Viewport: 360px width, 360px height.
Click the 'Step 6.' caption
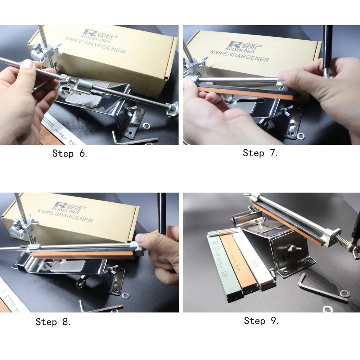pos(70,153)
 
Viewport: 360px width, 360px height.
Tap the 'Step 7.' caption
pos(260,153)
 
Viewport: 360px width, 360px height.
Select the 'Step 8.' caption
pos(53,321)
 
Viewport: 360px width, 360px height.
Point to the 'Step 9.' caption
pos(261,321)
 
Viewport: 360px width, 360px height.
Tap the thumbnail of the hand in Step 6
pos(27,65)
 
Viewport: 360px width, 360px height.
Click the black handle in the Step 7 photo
pos(328,47)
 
